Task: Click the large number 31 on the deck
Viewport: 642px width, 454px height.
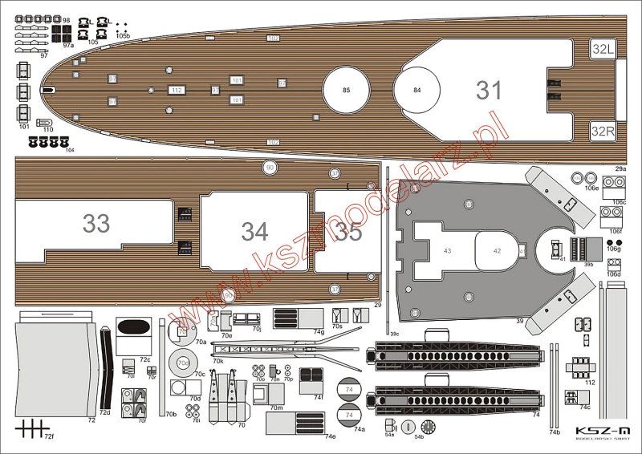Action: (x=488, y=90)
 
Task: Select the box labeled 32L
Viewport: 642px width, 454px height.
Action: (x=603, y=50)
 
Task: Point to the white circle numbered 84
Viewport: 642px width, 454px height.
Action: (x=417, y=90)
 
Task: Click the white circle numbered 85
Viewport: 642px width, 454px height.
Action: (x=346, y=90)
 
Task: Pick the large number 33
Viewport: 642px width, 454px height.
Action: (x=96, y=223)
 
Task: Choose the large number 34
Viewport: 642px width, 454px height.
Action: (x=254, y=231)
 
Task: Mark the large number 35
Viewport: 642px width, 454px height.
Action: (x=349, y=233)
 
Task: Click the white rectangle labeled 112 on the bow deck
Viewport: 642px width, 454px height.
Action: (x=177, y=90)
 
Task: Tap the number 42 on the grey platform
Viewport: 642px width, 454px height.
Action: (x=497, y=251)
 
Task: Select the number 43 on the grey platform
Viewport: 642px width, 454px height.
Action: (x=447, y=251)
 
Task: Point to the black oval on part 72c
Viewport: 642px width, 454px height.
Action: (x=132, y=326)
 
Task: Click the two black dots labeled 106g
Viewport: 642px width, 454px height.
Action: (x=614, y=242)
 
